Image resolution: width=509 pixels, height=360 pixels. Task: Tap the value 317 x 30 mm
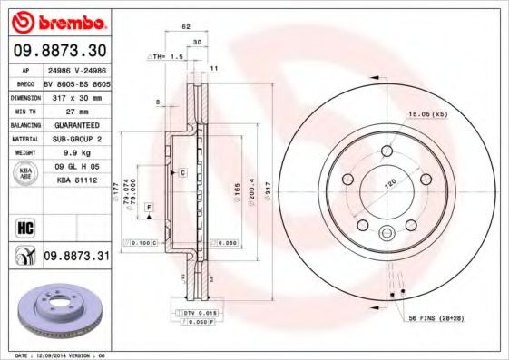(75, 96)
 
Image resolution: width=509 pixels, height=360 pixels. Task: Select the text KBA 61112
(75, 182)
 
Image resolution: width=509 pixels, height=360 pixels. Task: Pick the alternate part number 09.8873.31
(75, 257)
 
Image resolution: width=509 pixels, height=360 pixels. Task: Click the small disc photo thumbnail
(57, 313)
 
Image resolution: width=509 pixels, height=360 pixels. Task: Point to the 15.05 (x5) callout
(427, 115)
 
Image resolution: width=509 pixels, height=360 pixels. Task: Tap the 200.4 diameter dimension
(251, 192)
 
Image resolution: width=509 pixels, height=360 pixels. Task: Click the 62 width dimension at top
(185, 26)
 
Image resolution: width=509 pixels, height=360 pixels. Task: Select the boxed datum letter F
(148, 209)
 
